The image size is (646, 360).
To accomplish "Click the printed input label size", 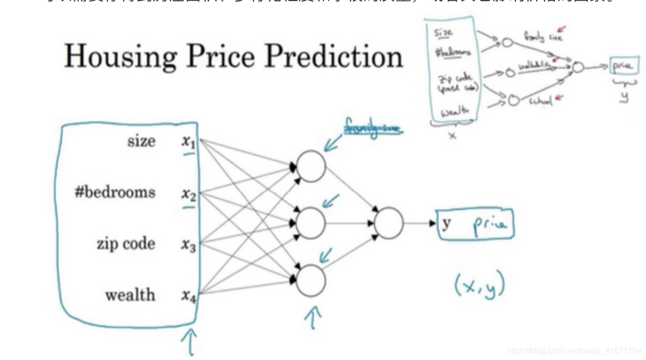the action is pos(141,141).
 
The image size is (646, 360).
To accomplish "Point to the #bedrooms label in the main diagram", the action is pos(115,192).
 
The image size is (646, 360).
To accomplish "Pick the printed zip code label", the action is pos(126,244).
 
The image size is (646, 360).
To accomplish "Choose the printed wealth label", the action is pos(130,295).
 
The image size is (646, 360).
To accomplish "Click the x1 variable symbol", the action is pos(189,143).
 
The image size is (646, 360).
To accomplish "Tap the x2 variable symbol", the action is pos(189,194).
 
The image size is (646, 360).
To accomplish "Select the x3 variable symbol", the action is pos(189,245).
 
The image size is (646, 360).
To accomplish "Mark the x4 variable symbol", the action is pos(189,296).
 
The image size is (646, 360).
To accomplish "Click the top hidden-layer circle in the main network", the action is pos(310,166).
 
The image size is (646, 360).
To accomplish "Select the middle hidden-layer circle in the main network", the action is pos(310,223).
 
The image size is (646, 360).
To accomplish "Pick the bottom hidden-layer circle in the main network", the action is pos(310,281).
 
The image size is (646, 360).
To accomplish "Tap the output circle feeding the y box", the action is pos(389,223).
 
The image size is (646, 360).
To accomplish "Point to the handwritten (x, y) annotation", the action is pos(479,287).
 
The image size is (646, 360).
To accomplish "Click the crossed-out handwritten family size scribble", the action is pos(373,127).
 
